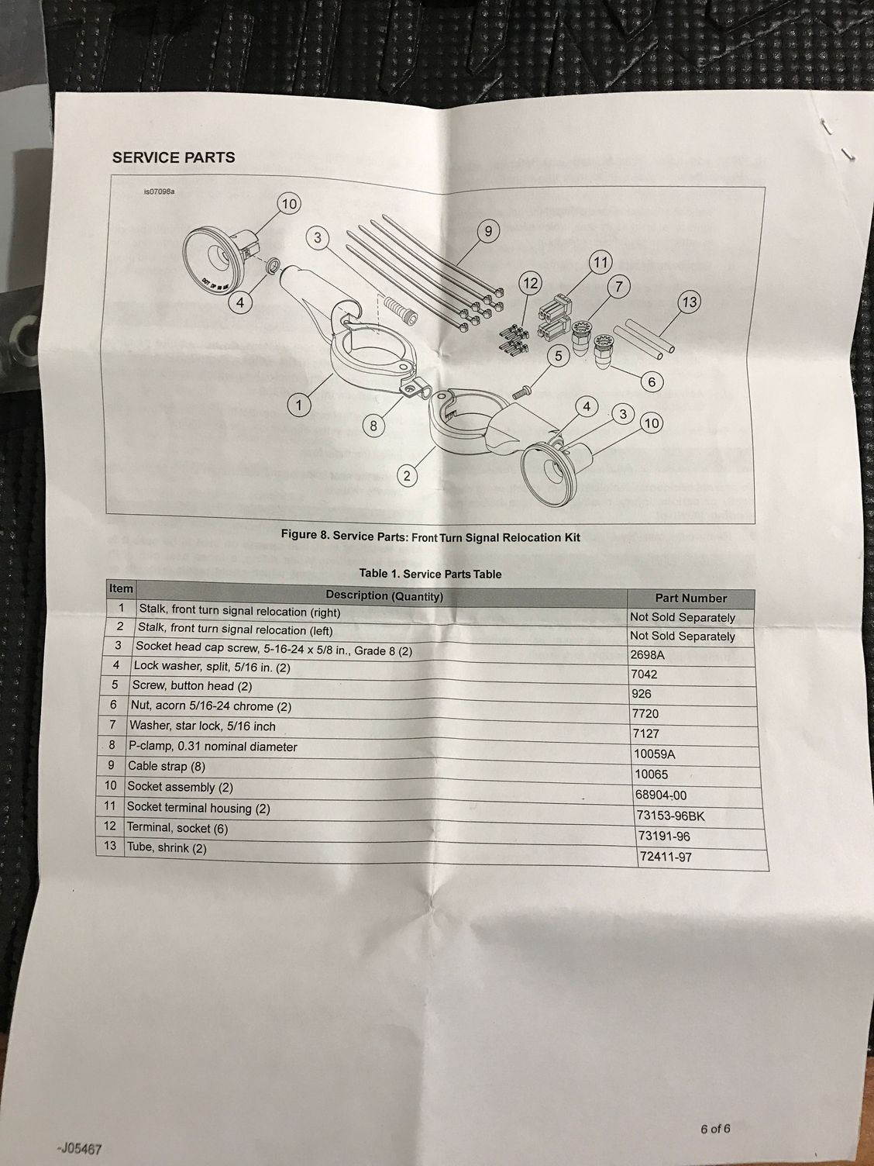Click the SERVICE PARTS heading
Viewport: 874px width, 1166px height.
[x=174, y=157]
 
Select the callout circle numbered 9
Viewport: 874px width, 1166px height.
[x=488, y=230]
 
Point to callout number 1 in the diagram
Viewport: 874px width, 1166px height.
[x=299, y=404]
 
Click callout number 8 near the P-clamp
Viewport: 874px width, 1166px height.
[x=373, y=425]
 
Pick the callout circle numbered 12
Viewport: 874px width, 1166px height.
[x=530, y=284]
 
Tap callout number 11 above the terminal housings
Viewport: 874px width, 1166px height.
[x=600, y=262]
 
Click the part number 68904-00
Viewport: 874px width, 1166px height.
[x=659, y=795]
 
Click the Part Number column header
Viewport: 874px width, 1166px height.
[x=690, y=598]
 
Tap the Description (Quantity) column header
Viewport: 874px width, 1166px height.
[x=384, y=596]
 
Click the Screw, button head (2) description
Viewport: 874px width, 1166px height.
[x=191, y=685]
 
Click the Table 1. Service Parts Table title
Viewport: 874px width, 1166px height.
[x=430, y=574]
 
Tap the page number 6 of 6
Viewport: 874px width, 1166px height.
[x=715, y=1128]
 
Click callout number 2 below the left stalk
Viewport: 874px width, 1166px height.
[x=408, y=475]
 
